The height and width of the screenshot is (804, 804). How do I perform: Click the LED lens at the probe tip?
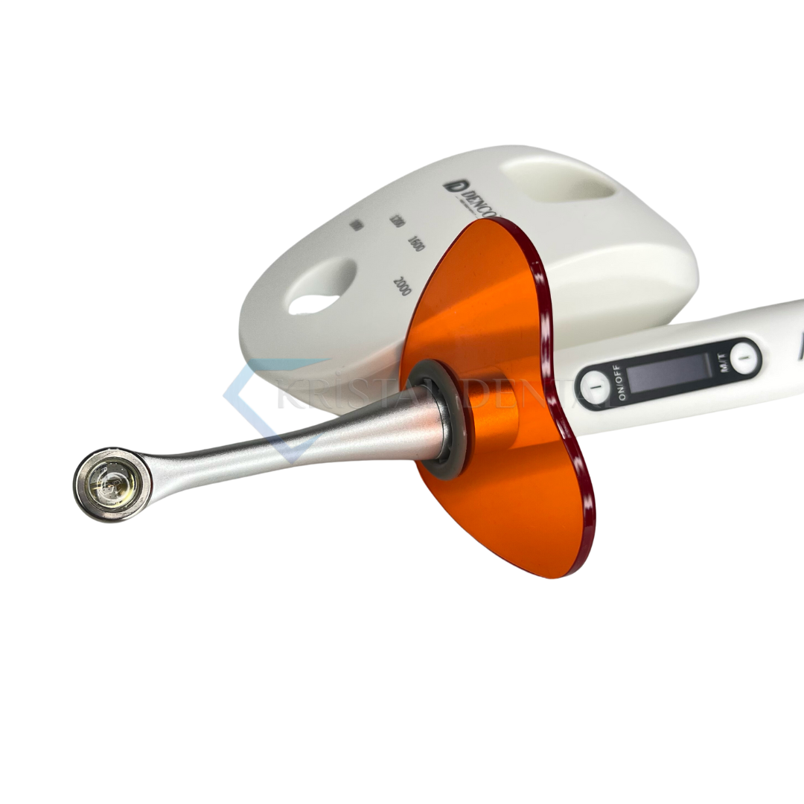[111, 485]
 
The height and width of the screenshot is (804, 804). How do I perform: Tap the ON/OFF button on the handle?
[595, 387]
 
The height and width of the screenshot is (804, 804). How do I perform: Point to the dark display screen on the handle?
[668, 372]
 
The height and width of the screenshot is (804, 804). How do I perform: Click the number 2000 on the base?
[401, 286]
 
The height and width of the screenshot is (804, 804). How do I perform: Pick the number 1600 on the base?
[415, 243]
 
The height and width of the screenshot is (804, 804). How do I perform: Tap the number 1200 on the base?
[397, 220]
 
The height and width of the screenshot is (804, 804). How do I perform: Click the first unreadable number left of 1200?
[357, 226]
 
